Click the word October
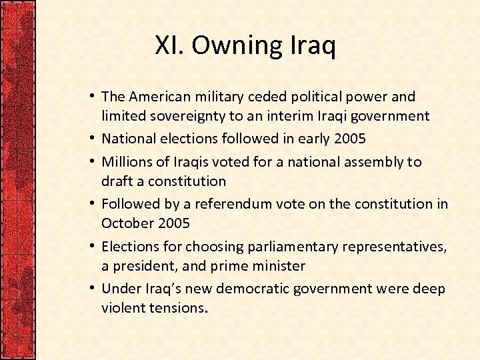click(x=126, y=223)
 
